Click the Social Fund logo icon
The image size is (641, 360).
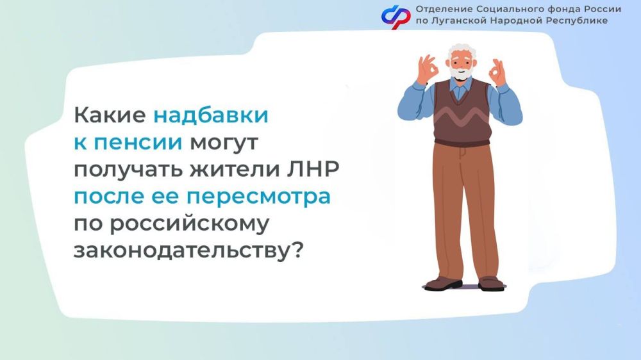click(395, 15)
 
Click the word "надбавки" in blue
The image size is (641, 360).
click(210, 116)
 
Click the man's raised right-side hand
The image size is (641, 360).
click(496, 72)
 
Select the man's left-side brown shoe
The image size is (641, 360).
click(443, 282)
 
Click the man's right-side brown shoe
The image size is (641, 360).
click(491, 282)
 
